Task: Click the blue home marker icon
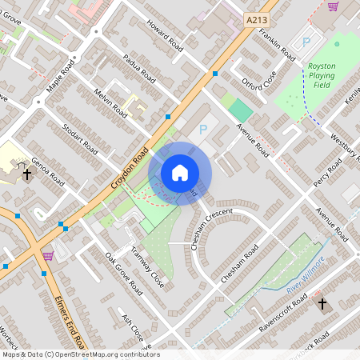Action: [180, 172]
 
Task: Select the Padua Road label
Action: [139, 67]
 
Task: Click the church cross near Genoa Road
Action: [26, 173]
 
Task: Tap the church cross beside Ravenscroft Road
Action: [322, 304]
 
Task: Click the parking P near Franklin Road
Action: [306, 42]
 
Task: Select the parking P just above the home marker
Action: [202, 129]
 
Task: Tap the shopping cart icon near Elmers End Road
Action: [48, 255]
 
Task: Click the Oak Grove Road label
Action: [123, 271]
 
